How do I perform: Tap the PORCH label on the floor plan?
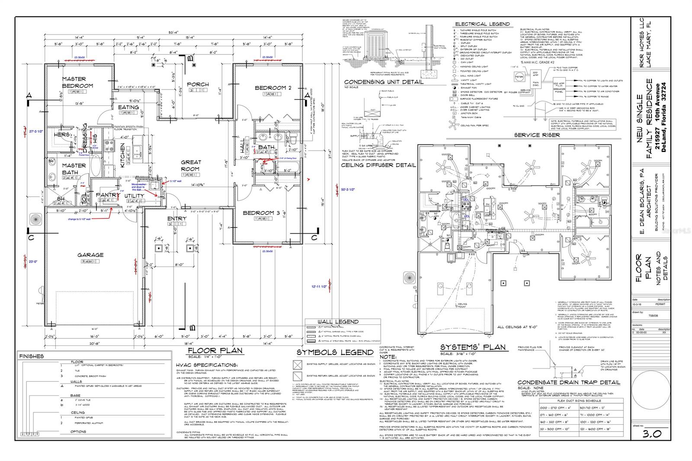click(198, 84)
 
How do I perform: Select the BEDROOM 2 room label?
click(273, 88)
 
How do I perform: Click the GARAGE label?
click(90, 255)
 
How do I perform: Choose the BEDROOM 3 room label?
click(261, 213)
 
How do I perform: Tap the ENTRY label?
click(177, 218)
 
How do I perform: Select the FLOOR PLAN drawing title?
click(215, 351)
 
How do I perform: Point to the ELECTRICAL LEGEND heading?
click(482, 24)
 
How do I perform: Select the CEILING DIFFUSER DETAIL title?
click(378, 165)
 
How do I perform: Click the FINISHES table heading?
click(32, 356)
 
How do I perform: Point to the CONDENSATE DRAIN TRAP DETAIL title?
click(569, 382)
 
